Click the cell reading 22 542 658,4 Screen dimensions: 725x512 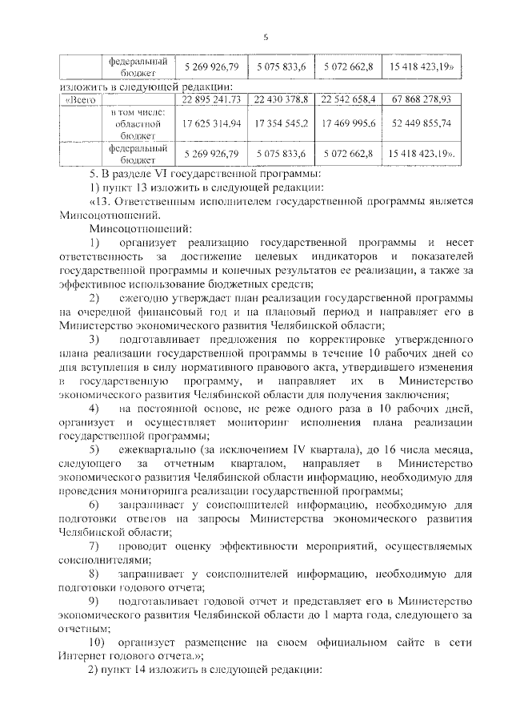point(348,99)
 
